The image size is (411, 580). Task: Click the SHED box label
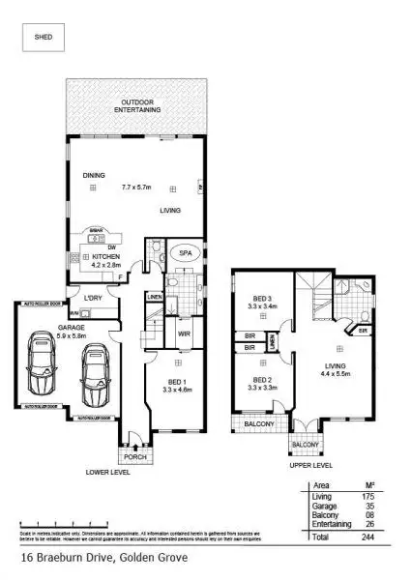click(44, 39)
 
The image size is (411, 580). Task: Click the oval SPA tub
click(181, 252)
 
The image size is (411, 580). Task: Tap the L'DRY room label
click(93, 297)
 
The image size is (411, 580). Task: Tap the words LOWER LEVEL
click(107, 472)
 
